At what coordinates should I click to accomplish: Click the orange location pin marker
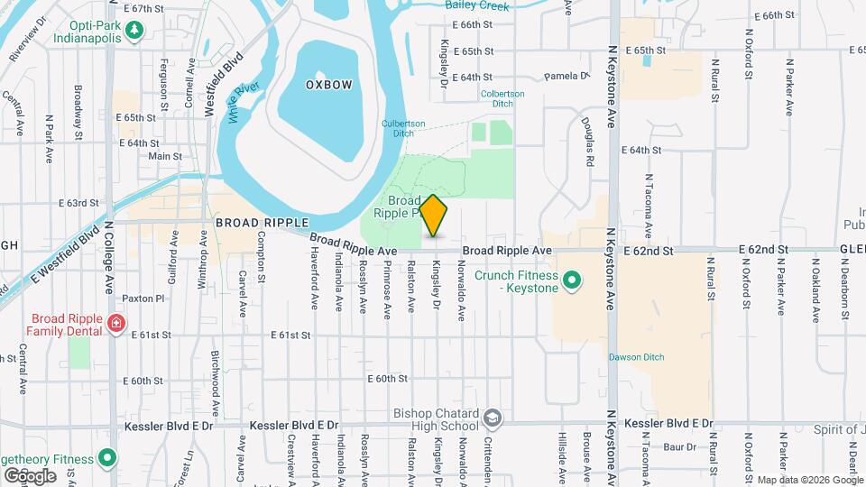[x=434, y=216]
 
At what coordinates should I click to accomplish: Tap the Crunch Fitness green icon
[x=570, y=281]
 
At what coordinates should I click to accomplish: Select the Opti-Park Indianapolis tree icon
[x=135, y=32]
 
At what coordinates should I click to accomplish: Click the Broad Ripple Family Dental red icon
[x=115, y=323]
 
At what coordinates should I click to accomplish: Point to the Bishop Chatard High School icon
[x=492, y=418]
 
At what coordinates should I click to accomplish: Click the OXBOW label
[x=328, y=84]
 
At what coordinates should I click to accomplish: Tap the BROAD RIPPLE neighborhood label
[x=262, y=222]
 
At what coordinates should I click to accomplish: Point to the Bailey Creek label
[x=476, y=5]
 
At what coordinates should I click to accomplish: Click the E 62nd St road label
[x=763, y=248]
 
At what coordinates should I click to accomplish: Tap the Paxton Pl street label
[x=144, y=298]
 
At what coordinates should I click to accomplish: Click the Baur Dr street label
[x=677, y=446]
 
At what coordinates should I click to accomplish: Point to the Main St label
[x=165, y=156]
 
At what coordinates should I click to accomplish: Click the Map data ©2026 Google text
[x=810, y=480]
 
